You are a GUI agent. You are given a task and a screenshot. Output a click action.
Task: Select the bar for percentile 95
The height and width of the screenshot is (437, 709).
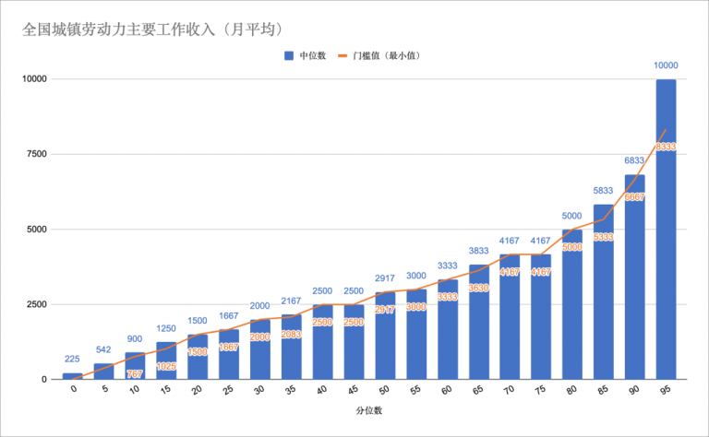(x=666, y=230)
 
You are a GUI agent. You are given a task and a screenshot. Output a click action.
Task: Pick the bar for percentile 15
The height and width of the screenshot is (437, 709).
(x=166, y=360)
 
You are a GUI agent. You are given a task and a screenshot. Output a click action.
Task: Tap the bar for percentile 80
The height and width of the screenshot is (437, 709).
(x=572, y=304)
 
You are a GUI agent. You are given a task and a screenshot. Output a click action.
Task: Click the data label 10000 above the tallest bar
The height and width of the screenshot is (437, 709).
(x=666, y=65)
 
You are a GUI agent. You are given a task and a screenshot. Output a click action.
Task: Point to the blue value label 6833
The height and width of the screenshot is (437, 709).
(x=634, y=160)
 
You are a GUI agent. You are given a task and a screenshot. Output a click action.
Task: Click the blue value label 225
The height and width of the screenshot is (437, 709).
(x=72, y=360)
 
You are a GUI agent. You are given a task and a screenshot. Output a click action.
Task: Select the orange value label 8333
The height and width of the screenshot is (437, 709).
(x=666, y=147)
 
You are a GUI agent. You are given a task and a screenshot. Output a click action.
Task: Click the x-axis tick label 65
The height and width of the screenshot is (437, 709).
(x=477, y=391)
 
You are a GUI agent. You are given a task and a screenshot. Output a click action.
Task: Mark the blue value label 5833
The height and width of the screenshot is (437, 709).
(x=603, y=191)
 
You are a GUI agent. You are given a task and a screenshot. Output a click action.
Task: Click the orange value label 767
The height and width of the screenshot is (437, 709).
(x=135, y=373)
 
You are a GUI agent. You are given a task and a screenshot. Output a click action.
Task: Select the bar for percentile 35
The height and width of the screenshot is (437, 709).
(x=291, y=347)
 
